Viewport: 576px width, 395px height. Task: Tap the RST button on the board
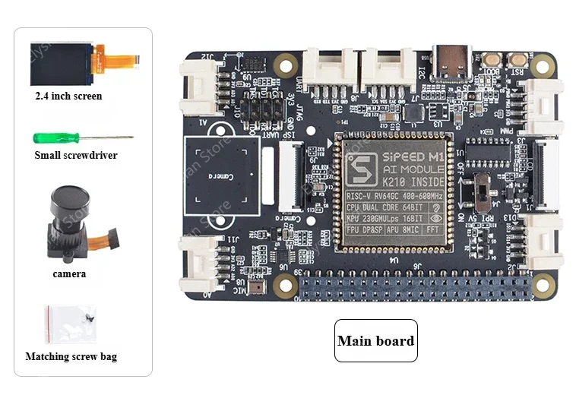coord(519,59)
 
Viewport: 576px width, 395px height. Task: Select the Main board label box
coord(376,341)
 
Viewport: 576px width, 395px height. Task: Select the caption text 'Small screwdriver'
coord(76,156)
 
